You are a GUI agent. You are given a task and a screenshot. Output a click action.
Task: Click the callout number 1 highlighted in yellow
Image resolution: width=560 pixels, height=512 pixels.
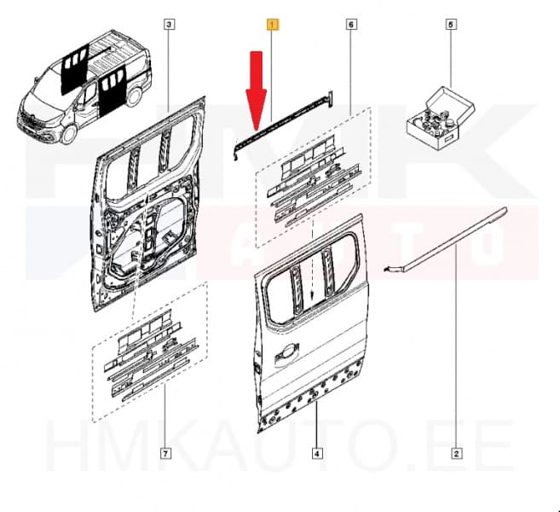271,25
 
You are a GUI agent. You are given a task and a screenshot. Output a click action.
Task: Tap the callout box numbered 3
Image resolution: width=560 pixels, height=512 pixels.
169,25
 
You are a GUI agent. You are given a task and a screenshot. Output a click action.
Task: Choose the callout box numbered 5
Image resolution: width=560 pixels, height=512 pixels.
450,25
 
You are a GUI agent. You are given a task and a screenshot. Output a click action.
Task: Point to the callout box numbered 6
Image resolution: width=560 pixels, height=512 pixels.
351,25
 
